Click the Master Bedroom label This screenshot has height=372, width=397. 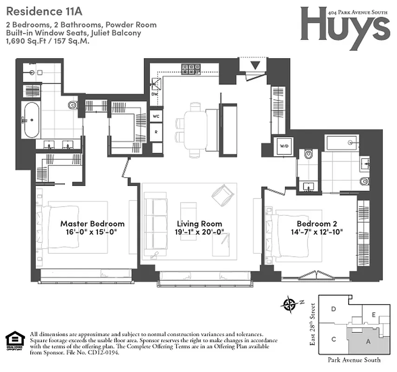coord(92,224)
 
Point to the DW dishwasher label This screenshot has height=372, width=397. coord(155,94)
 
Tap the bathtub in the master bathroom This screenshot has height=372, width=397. coord(32,120)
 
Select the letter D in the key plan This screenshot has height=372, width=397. coord(333,309)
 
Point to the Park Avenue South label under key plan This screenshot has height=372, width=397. coord(354,360)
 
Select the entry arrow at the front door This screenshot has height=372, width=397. coord(255,65)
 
